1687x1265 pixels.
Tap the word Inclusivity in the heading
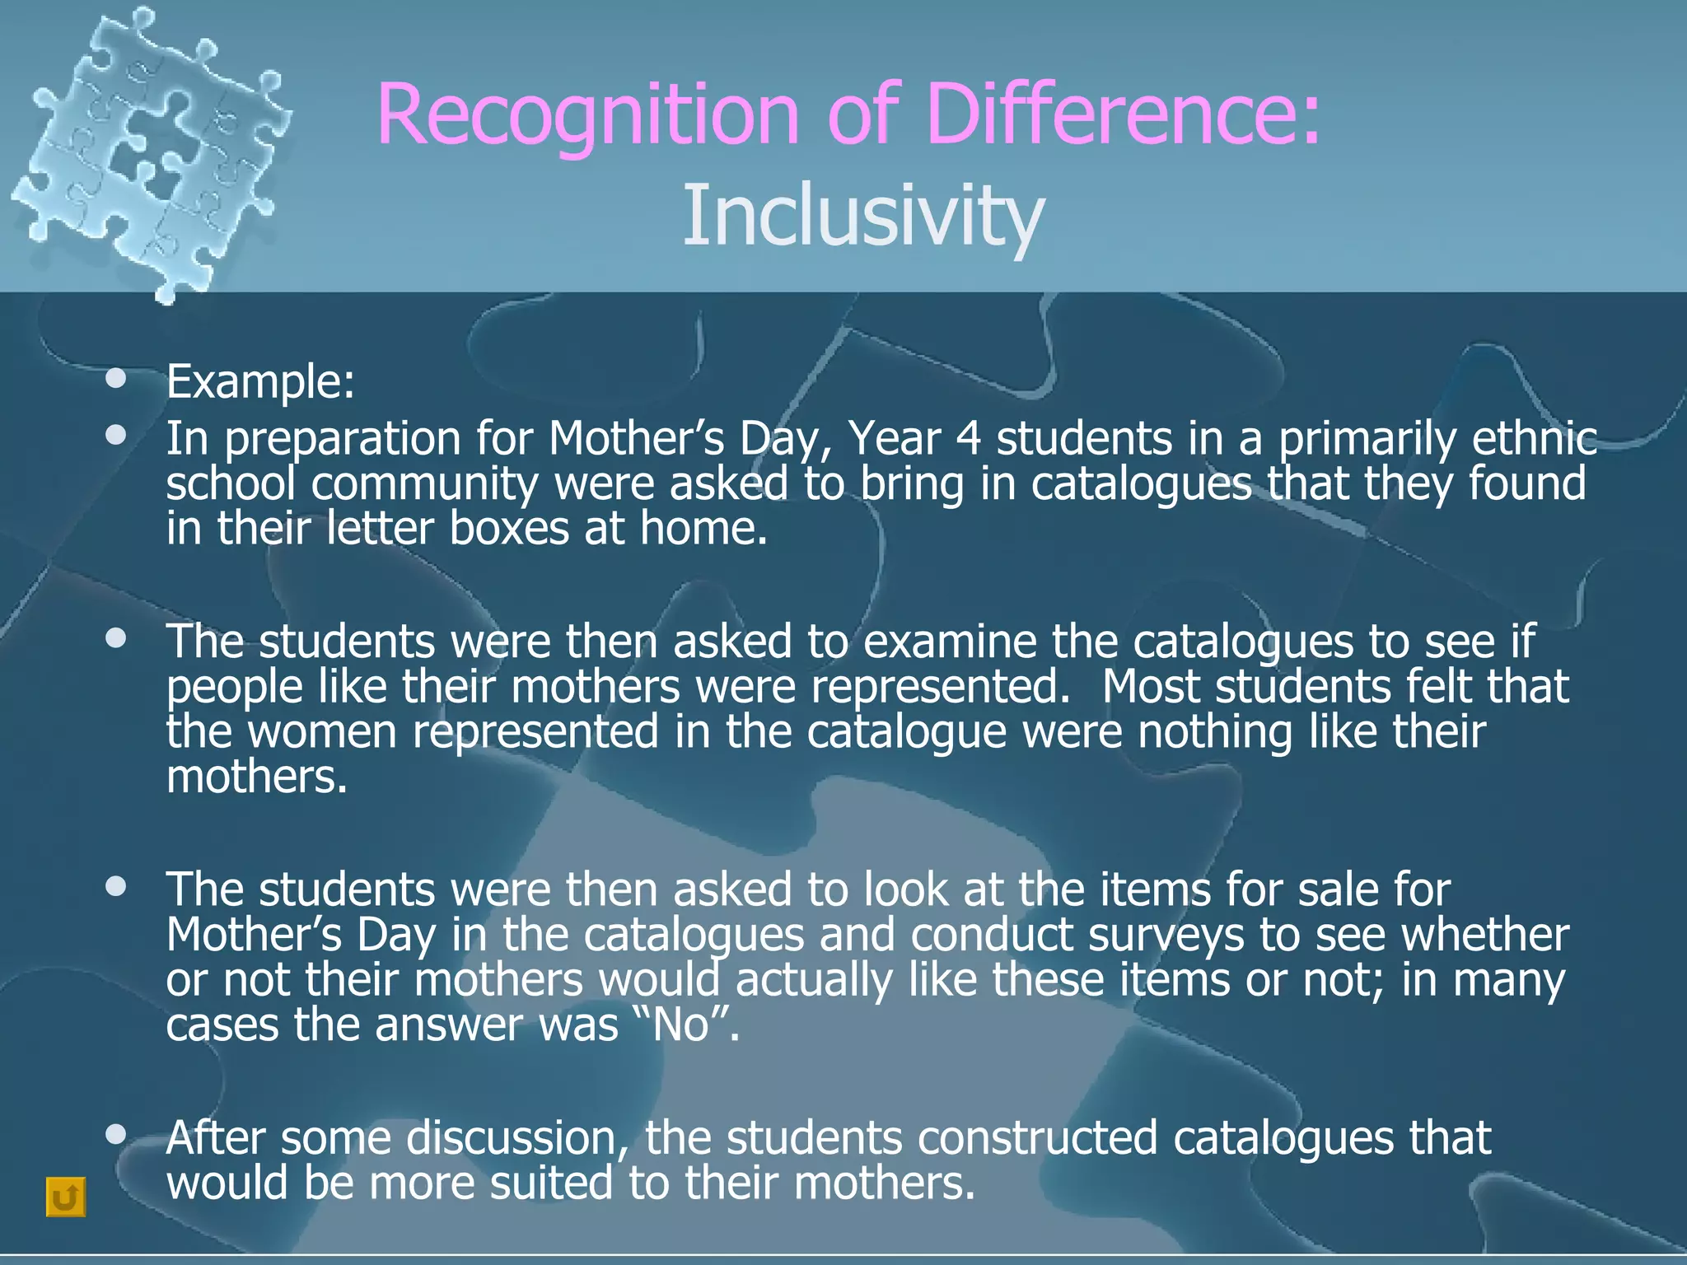[x=863, y=216]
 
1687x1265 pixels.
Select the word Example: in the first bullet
[x=260, y=382]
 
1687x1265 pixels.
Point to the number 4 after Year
[x=969, y=438]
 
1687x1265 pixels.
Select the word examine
[x=950, y=642]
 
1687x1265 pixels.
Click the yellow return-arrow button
[x=65, y=1197]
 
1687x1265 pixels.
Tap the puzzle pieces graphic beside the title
[x=148, y=152]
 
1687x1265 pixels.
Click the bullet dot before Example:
[x=116, y=379]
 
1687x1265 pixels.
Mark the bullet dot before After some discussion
[x=116, y=1136]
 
